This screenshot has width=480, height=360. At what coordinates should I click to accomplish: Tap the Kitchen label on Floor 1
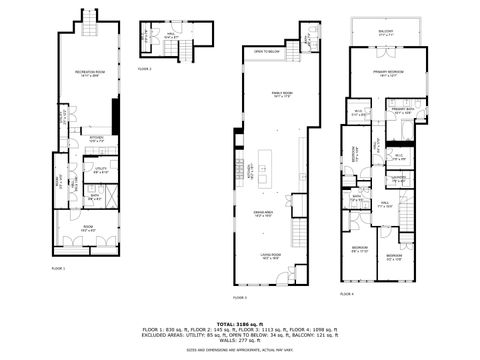click(97, 139)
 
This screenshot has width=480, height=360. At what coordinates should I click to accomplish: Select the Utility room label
click(100, 171)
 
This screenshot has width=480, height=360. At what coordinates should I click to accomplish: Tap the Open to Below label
click(265, 51)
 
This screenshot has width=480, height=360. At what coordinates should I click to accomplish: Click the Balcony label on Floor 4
click(385, 33)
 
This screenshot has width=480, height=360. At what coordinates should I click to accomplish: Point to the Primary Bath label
click(403, 112)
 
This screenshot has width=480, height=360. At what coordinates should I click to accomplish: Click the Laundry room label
click(397, 178)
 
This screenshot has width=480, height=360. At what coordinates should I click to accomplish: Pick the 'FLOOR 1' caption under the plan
click(58, 268)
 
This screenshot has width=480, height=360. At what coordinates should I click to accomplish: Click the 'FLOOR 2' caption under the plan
click(145, 69)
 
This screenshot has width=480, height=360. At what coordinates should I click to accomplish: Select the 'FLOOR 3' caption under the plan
click(240, 297)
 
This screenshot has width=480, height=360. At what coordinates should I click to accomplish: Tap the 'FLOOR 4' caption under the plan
click(347, 294)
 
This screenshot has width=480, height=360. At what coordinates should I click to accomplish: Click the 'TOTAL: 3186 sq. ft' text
click(240, 323)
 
